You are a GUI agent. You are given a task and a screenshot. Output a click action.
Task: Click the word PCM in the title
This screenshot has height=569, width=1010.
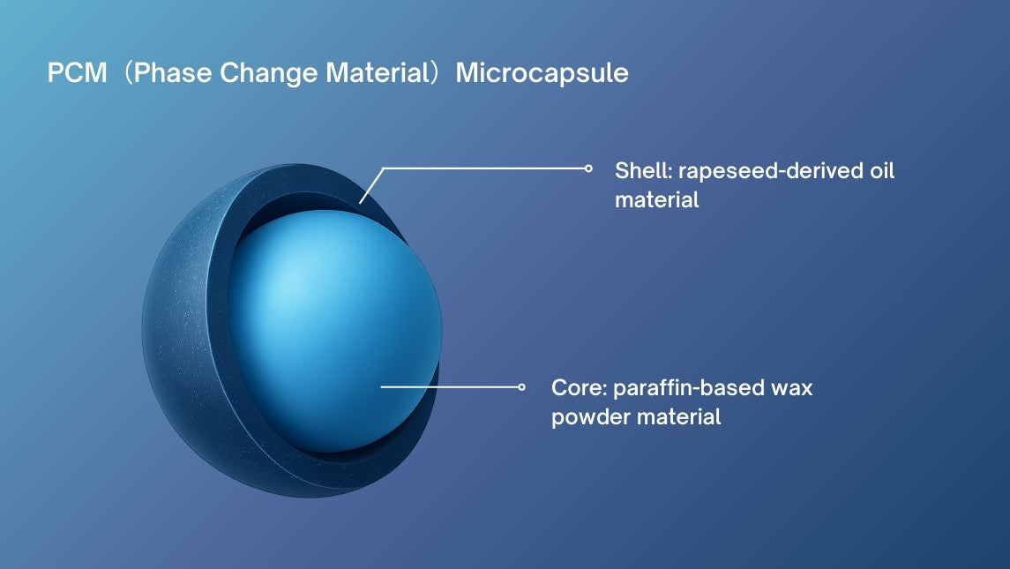[x=78, y=73]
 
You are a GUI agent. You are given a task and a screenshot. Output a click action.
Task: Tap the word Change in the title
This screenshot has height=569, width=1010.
[x=269, y=74]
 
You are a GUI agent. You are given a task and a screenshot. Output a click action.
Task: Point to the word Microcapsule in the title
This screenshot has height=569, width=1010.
[x=542, y=74]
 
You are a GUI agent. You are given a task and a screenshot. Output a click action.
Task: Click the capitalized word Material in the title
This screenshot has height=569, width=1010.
[x=378, y=73]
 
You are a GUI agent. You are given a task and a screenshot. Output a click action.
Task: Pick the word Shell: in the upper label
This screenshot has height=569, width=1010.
[x=643, y=171]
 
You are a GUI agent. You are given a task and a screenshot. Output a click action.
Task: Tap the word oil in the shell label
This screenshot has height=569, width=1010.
[x=882, y=171]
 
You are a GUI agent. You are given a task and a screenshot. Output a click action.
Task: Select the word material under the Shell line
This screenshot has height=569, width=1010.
[x=657, y=199]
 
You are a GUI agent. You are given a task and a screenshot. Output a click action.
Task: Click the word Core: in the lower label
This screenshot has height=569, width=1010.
[x=579, y=388]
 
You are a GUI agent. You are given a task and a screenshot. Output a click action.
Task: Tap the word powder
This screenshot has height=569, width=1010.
[x=591, y=418]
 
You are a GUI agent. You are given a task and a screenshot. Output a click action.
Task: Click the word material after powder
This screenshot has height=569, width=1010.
[x=679, y=417]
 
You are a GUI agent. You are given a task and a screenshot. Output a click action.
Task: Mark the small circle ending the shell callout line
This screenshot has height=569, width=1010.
[x=588, y=168]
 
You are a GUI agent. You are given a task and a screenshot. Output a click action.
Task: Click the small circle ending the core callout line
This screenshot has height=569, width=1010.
[x=521, y=387]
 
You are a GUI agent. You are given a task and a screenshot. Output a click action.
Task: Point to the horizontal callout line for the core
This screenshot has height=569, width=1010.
[x=450, y=387]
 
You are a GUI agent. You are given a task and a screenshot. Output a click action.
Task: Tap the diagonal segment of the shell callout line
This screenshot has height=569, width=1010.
[x=371, y=186]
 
